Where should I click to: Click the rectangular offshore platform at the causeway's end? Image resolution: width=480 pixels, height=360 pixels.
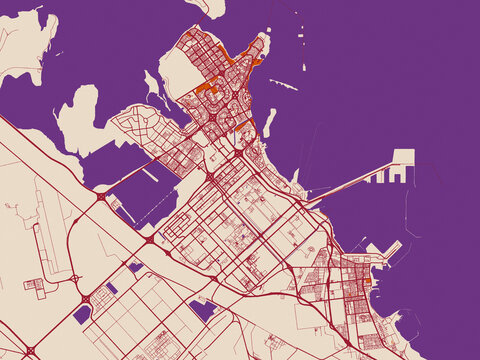pyautogui.click(x=402, y=158)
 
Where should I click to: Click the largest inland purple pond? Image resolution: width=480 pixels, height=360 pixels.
pyautogui.click(x=203, y=310)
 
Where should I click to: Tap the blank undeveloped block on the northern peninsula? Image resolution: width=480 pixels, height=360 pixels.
pyautogui.click(x=177, y=75)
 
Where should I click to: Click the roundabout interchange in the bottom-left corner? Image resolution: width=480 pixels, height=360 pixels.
pyautogui.click(x=30, y=350)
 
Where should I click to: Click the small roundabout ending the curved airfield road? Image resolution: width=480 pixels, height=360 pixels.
pyautogui.click(x=75, y=278)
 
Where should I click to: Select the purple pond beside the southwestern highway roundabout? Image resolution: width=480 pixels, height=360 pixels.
pyautogui.click(x=82, y=314)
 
